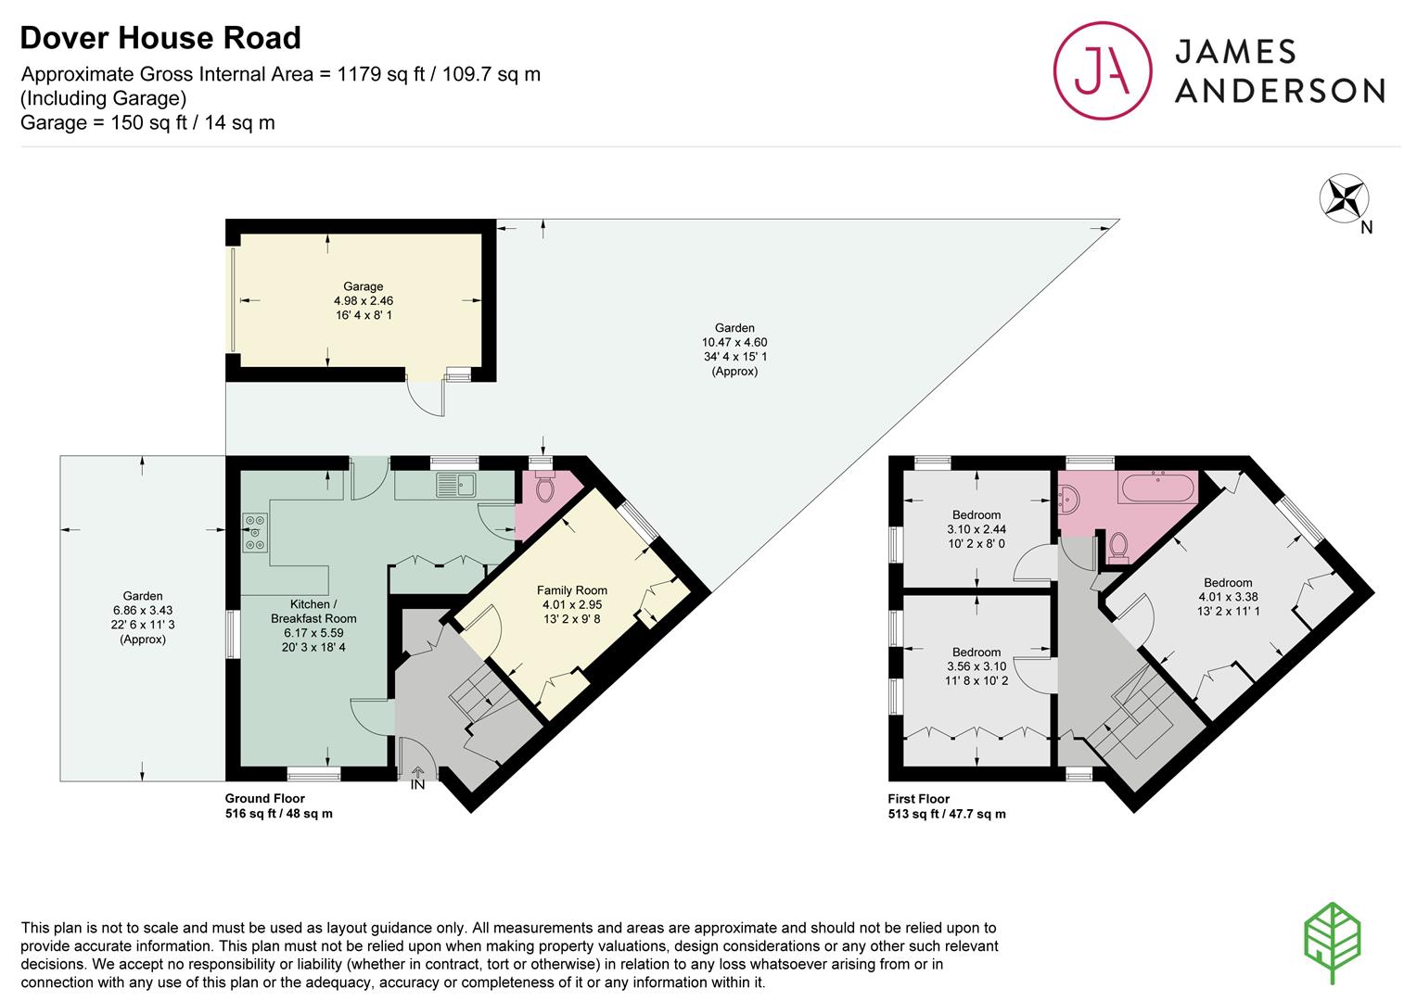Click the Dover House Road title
point(160,38)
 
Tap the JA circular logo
point(1103,70)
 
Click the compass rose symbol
point(1344,198)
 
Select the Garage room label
point(363,286)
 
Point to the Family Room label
point(571,590)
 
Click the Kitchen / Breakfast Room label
point(313,612)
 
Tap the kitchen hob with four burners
point(255,532)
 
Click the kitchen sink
point(456,485)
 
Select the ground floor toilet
point(544,488)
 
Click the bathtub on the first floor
point(1159,488)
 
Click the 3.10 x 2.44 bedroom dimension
point(976,529)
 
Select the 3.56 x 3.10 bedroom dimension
point(976,666)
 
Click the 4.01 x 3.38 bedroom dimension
point(1228,597)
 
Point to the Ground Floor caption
point(264,798)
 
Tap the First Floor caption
point(918,799)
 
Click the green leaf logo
point(1333,942)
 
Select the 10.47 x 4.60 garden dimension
point(734,342)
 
